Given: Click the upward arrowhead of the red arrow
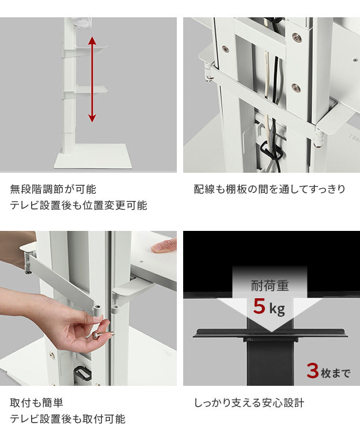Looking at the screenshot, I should (x=92, y=41).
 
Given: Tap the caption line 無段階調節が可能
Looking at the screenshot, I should (x=53, y=189).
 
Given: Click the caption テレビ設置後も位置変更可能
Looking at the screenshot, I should (x=78, y=206).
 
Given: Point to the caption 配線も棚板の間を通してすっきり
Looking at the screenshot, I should (x=270, y=189).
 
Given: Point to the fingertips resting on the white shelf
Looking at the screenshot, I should (x=164, y=246).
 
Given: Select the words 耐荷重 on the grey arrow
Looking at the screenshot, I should (x=270, y=285).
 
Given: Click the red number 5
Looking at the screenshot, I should (x=260, y=307).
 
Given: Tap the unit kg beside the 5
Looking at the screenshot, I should (x=277, y=310).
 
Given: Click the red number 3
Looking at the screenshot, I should (x=312, y=370).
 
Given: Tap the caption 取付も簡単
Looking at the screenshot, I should (x=37, y=403).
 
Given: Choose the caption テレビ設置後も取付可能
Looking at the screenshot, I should (x=67, y=419).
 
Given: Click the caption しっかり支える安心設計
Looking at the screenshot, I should (x=249, y=403).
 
